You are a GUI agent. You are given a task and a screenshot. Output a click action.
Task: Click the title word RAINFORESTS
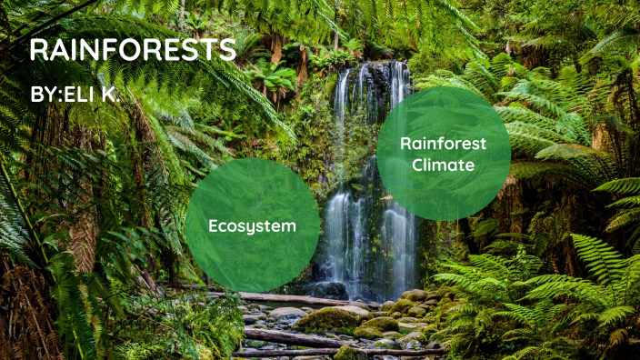(x=133, y=50)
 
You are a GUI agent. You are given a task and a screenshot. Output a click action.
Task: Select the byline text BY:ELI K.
(x=75, y=94)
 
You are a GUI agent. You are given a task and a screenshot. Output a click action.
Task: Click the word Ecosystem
(x=252, y=225)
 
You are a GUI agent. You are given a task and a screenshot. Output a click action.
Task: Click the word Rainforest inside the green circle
(x=443, y=143)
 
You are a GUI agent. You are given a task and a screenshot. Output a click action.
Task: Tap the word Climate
(x=443, y=165)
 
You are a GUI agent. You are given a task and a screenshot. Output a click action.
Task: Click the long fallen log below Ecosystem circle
(x=300, y=299)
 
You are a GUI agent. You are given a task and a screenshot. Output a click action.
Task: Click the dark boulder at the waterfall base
(x=330, y=290)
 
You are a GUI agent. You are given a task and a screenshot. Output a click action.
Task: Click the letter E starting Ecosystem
(x=214, y=225)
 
